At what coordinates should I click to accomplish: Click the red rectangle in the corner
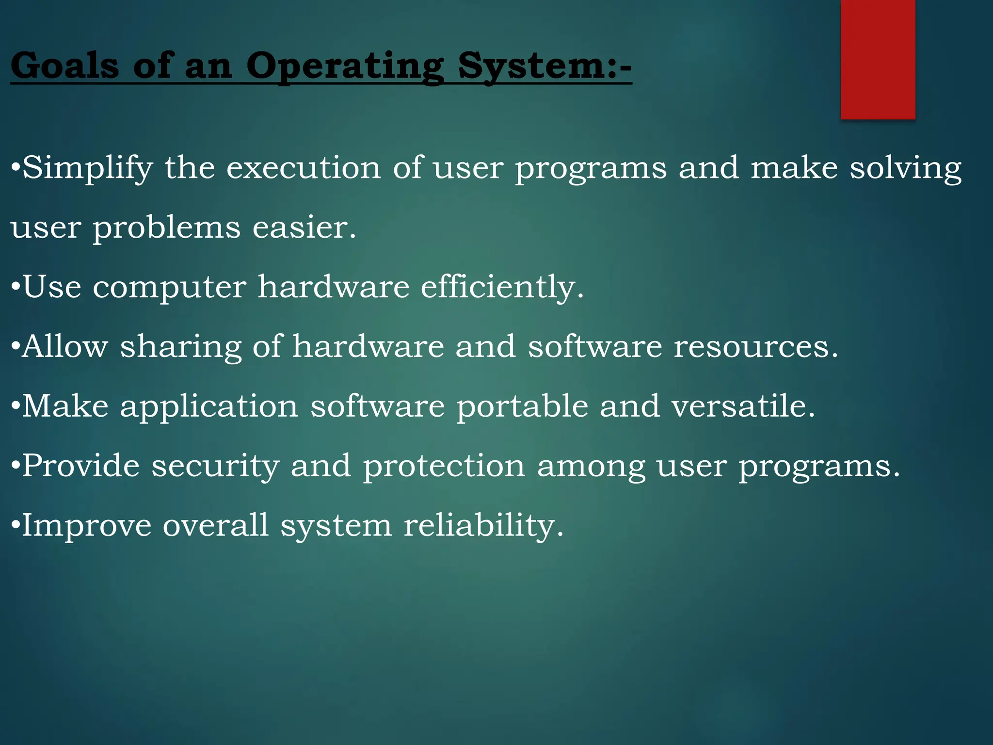click(878, 59)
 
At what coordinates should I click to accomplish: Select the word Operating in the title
click(345, 66)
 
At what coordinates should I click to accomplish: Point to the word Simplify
click(88, 168)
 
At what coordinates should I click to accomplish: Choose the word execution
click(304, 168)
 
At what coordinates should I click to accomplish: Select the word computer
click(169, 287)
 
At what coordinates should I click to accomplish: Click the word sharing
click(180, 347)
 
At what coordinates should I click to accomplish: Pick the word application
click(209, 407)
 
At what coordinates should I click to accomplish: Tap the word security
click(215, 467)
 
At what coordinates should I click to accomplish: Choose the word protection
click(444, 467)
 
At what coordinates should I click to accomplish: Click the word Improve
click(87, 526)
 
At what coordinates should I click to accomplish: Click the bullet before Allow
click(16, 346)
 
